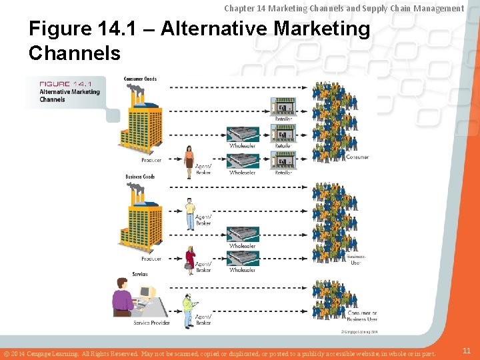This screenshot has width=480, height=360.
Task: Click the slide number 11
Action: [x=467, y=350]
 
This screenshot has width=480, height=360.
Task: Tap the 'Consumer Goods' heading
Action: [x=140, y=79]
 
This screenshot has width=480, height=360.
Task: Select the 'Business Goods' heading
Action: [x=140, y=177]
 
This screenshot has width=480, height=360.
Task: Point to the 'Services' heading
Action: [x=140, y=274]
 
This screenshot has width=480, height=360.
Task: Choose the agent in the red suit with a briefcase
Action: [x=190, y=257]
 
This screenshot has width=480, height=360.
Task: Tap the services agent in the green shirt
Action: [x=188, y=311]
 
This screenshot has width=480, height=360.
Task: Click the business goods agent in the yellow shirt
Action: [x=190, y=213]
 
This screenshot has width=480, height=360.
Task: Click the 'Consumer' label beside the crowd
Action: [x=357, y=158]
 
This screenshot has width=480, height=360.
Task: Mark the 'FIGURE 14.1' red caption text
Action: [x=65, y=84]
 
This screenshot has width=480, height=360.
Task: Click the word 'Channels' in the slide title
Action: [x=74, y=53]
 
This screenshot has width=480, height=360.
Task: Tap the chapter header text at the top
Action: [x=343, y=8]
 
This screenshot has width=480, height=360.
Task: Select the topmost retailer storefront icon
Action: [x=283, y=107]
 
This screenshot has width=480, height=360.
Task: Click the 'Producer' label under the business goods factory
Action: [x=151, y=259]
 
